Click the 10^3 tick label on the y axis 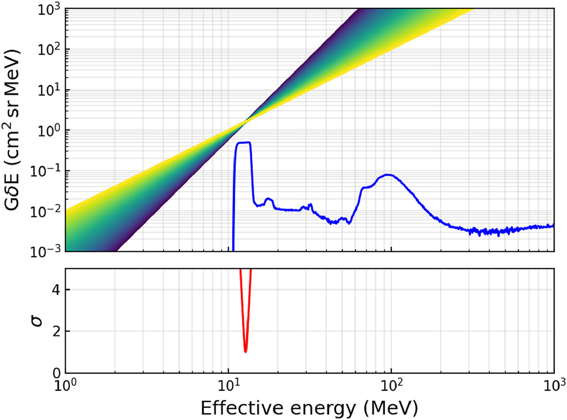49,9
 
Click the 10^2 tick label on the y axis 49,50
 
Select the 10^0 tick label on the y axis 49,130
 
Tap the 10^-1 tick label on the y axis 47,171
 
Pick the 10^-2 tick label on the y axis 47,211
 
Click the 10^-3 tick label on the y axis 47,251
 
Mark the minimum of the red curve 245,351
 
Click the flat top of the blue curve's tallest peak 243,143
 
